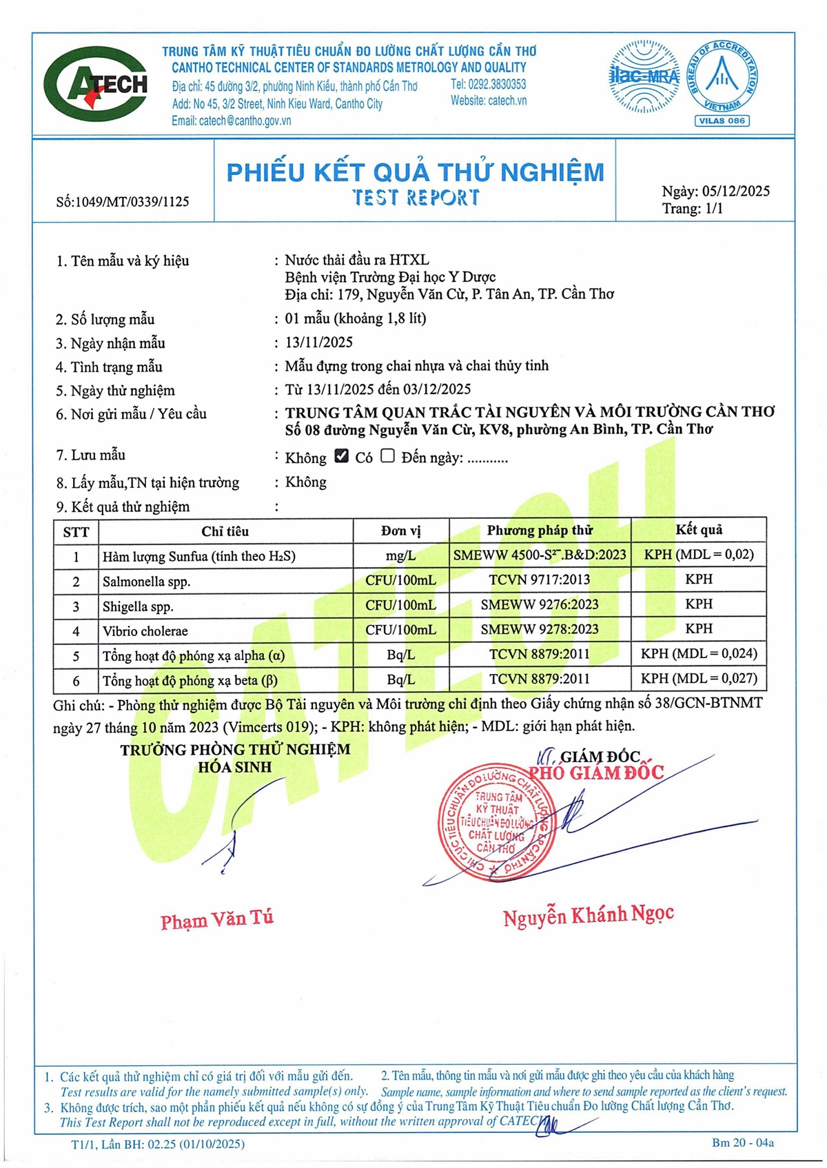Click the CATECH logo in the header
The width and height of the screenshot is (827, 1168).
(x=96, y=84)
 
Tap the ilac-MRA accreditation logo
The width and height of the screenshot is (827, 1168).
(x=644, y=76)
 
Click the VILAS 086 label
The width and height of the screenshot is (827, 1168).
(x=722, y=121)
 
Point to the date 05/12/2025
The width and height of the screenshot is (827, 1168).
(x=735, y=192)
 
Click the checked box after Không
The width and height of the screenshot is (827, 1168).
(x=341, y=455)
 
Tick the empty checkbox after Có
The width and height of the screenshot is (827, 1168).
(x=388, y=455)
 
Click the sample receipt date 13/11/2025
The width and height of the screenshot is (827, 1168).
(x=319, y=342)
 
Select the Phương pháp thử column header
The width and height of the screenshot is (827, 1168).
(x=540, y=530)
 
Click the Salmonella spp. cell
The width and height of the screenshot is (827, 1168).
(x=147, y=582)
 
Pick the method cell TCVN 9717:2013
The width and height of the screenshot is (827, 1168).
(x=540, y=580)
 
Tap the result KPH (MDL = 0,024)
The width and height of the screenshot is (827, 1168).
(x=699, y=653)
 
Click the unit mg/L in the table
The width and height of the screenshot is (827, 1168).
(x=400, y=555)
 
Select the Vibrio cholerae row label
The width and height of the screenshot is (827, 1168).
(x=145, y=631)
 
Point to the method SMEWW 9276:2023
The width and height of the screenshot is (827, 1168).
(x=540, y=604)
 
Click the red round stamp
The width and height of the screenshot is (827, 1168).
(x=496, y=823)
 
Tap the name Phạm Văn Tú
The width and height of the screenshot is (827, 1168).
(x=217, y=919)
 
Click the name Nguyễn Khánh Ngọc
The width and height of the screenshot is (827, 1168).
(x=589, y=916)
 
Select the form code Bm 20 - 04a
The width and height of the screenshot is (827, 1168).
(x=743, y=1143)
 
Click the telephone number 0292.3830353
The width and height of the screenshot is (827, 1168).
(x=489, y=84)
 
